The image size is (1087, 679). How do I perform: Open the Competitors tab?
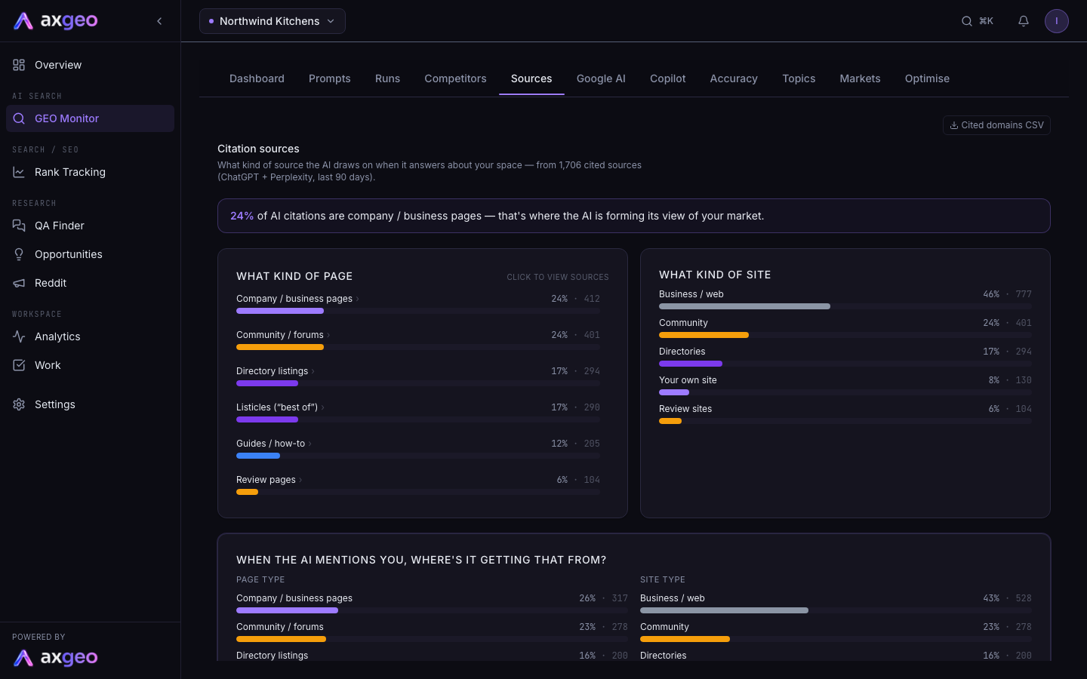pos(455,78)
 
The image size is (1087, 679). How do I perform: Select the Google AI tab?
pos(601,78)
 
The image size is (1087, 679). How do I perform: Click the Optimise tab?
pos(927,78)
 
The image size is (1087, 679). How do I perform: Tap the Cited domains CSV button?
pos(996,125)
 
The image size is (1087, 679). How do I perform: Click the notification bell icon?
pos(1024,21)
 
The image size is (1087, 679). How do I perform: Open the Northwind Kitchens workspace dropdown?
pos(273,21)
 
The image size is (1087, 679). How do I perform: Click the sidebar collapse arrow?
pos(159,21)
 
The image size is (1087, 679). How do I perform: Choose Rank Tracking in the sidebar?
pos(70,172)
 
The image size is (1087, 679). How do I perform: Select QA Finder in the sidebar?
pos(59,226)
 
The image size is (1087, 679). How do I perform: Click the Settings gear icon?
pos(19,404)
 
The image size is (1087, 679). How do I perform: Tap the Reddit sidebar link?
pos(51,283)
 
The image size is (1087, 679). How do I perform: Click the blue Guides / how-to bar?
pos(258,456)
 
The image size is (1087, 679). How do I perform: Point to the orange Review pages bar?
pos(247,492)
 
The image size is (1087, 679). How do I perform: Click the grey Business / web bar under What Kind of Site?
pos(744,306)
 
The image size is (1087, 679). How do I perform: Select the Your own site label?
pos(688,380)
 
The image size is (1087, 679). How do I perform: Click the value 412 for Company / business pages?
pos(592,299)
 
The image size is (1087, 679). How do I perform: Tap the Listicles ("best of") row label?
pos(277,407)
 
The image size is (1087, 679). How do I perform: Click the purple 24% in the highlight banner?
pos(242,216)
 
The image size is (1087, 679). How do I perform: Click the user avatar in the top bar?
pos(1057,21)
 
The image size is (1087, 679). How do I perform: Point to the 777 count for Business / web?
pos(1024,294)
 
